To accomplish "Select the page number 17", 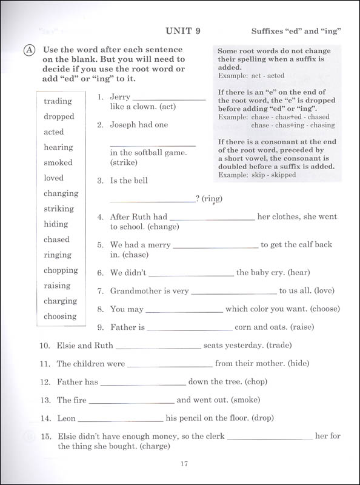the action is pos(185,464).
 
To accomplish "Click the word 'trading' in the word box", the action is pos(58,101).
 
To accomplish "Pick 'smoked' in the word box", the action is pos(58,162).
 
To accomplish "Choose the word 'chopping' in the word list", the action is pos(61,270).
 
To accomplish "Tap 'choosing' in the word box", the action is pos(60,316).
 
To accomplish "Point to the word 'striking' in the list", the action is pos(59,209).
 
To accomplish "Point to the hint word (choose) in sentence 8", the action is pos(321,309).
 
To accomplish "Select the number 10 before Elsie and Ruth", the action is pos(44,346).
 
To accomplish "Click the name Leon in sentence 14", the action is pos(66,418).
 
